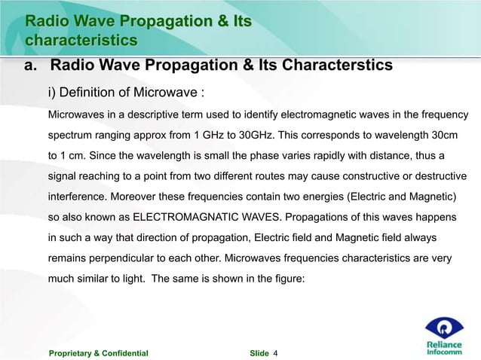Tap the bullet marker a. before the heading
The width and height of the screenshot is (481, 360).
32,66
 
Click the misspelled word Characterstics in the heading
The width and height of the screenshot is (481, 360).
337,66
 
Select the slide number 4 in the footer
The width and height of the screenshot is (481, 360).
276,352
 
